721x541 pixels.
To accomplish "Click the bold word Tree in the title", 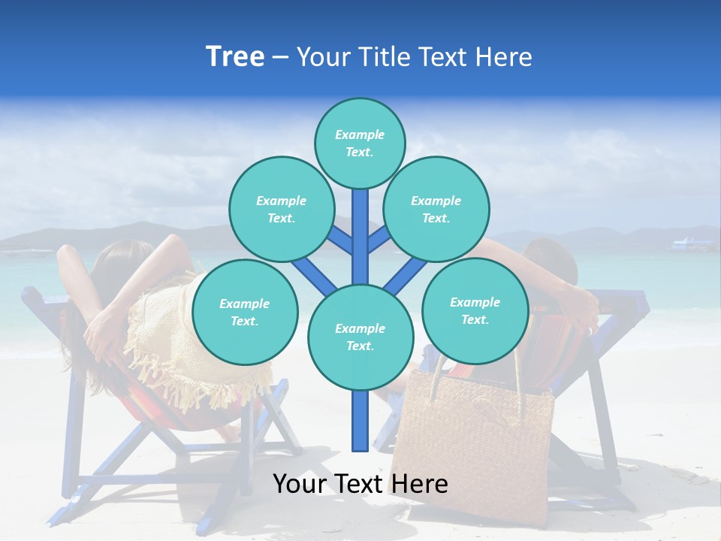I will (235, 57).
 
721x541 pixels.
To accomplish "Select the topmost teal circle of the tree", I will (360, 144).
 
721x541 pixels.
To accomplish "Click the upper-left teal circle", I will (282, 209).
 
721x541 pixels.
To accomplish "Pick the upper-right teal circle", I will (436, 209).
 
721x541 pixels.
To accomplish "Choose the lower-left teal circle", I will (245, 312).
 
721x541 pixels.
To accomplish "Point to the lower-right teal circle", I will (475, 310).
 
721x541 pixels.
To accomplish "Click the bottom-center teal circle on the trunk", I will (360, 337).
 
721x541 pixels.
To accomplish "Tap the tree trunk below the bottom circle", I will (360, 421).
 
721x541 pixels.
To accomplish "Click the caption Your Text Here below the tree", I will (360, 484).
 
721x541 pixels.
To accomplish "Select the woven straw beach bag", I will (473, 443).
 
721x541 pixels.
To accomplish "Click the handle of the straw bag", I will (518, 376).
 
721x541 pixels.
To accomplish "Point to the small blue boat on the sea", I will (693, 243).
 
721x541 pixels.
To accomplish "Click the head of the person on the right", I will (552, 259).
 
